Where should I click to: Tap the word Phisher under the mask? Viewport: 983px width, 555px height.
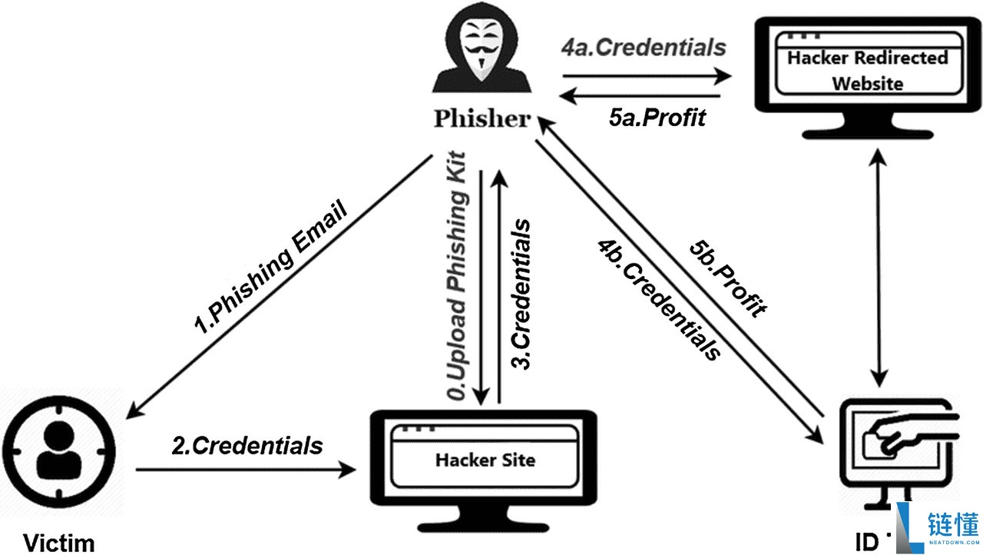click(x=482, y=119)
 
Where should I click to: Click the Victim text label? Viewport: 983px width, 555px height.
click(x=58, y=543)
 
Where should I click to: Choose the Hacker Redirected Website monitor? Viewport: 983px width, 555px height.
click(x=868, y=73)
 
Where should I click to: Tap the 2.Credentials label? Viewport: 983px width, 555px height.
click(x=247, y=445)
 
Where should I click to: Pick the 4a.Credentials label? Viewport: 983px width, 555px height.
click(x=644, y=48)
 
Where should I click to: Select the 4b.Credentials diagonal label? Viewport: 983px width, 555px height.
click(x=660, y=301)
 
